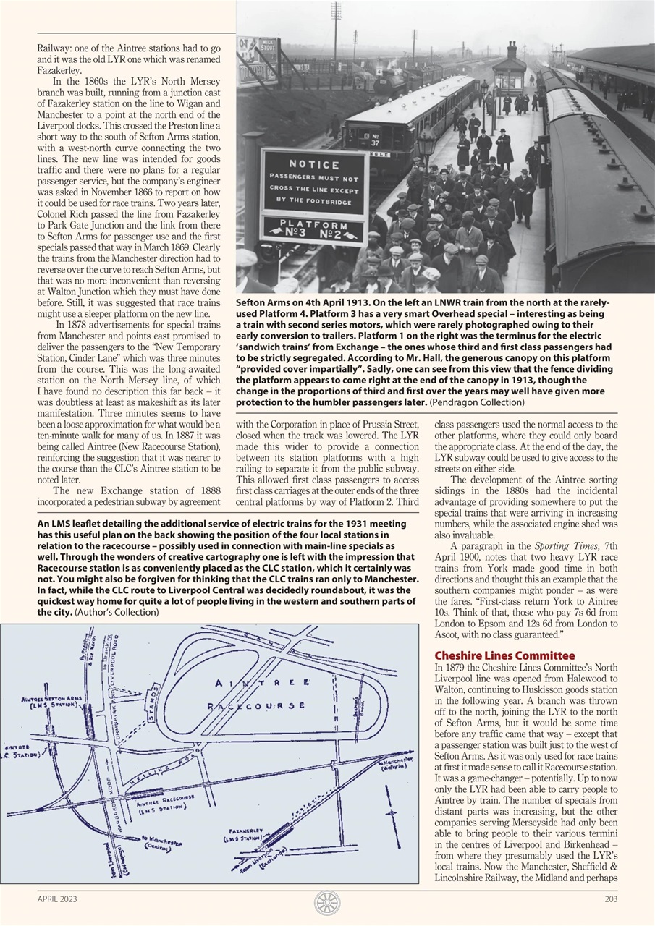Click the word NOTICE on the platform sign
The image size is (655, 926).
click(x=313, y=164)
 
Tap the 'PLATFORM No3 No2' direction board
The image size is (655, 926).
click(x=313, y=229)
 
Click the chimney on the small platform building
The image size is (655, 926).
click(x=512, y=50)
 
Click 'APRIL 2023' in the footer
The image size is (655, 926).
click(x=57, y=899)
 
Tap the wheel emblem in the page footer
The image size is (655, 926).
click(x=327, y=902)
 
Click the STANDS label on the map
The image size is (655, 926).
click(x=153, y=701)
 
